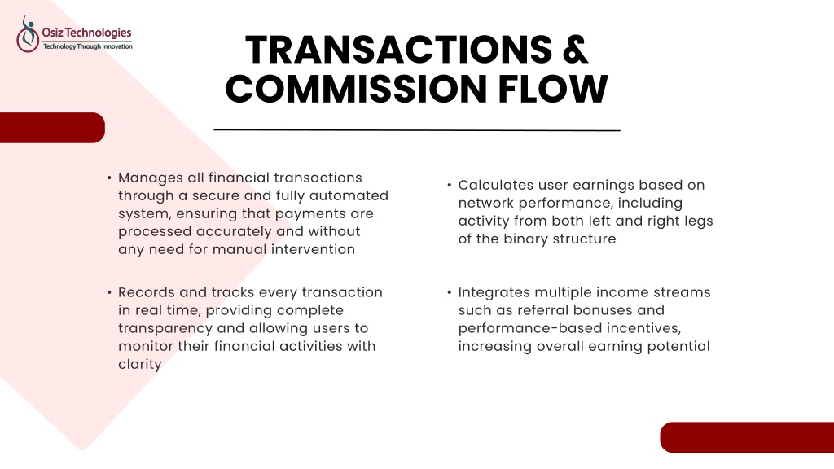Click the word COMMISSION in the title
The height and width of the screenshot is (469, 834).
click(x=356, y=88)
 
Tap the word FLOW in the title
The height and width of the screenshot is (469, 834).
click(x=553, y=88)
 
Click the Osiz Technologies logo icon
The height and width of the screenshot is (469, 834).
click(x=28, y=34)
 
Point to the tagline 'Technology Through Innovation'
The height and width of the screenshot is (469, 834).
click(x=88, y=46)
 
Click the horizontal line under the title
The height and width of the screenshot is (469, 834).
click(x=417, y=129)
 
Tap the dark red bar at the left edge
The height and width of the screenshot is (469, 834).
click(x=52, y=128)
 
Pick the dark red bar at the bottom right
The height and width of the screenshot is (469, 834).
click(x=747, y=437)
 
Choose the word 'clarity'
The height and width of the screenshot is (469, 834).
click(x=140, y=365)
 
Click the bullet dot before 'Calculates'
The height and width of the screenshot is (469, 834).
click(x=450, y=185)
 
